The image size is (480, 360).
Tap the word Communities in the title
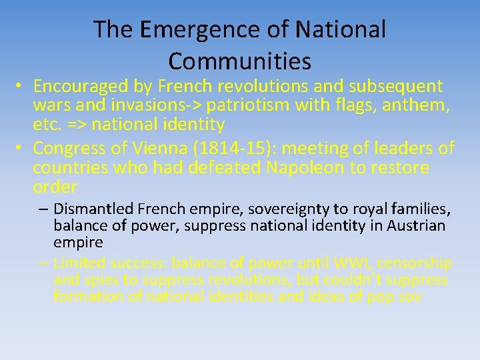point(239,61)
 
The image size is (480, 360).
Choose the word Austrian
point(411,226)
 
